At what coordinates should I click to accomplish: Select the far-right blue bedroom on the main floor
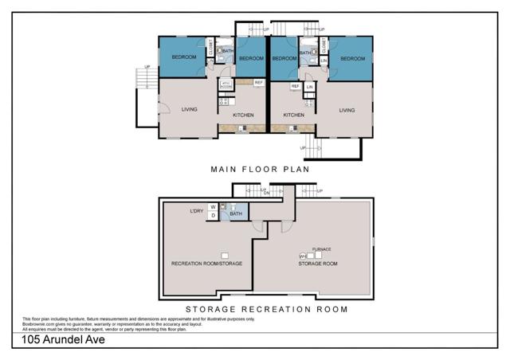point(351,58)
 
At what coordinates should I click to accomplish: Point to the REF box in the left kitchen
point(258,83)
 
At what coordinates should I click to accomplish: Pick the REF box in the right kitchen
point(295,86)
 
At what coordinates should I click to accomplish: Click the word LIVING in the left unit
point(189,110)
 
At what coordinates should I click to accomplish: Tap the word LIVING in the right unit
point(347,111)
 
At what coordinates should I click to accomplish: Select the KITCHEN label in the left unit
point(243,115)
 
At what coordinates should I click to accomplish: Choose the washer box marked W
point(213,207)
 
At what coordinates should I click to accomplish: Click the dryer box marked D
point(213,216)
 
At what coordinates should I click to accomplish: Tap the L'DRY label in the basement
point(197,211)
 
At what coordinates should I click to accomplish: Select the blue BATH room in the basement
point(236,213)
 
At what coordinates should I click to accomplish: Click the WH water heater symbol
point(303,256)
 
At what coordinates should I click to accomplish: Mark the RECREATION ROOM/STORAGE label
point(206,263)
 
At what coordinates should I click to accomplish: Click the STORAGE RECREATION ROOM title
point(266,310)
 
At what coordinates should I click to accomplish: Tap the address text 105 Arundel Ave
point(64,339)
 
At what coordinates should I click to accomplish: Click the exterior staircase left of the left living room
point(143,80)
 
